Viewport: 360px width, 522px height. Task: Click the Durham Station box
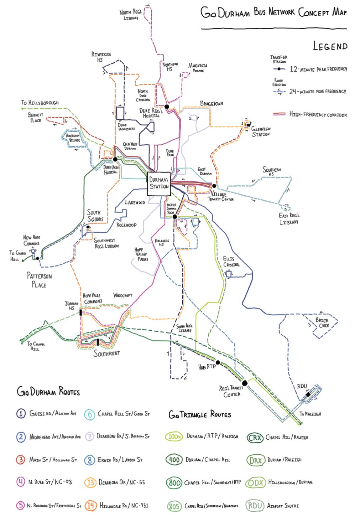[159, 183]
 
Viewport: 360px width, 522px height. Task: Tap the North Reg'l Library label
[131, 15]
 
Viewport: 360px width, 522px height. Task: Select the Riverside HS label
[101, 57]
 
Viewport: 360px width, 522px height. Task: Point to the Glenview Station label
[261, 131]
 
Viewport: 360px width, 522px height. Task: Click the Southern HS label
[272, 171]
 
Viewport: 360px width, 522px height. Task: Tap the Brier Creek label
[323, 322]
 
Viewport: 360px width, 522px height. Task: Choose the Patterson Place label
[39, 280]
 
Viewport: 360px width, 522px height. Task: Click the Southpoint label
[106, 353]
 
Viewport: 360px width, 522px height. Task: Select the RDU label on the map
[302, 386]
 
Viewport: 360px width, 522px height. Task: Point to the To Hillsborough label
[40, 103]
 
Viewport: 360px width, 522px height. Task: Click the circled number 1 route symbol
[21, 413]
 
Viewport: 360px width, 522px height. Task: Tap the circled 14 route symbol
[91, 505]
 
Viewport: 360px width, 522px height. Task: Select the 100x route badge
[174, 436]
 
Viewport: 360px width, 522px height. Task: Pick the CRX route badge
[255, 437]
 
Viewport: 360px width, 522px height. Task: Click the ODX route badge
[255, 482]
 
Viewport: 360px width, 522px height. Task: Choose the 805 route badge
[174, 506]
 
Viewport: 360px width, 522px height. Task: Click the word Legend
[330, 46]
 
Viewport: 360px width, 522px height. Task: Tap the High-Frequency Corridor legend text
[318, 114]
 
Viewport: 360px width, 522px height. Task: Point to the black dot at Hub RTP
[218, 362]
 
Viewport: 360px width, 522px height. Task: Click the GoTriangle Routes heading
[200, 414]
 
